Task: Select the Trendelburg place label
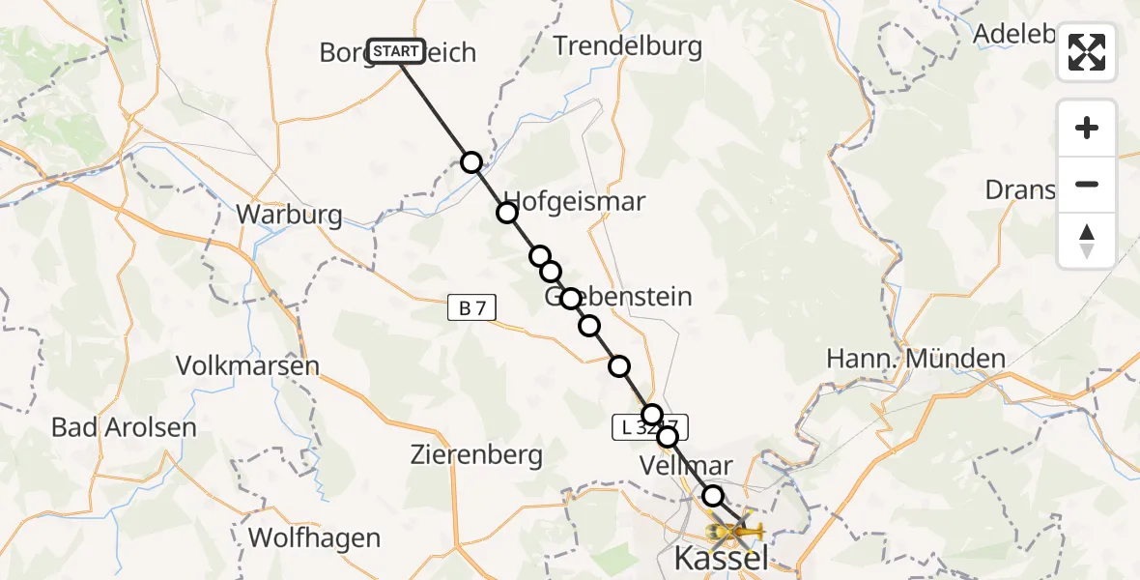627,45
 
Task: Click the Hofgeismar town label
575,202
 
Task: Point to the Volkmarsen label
247,366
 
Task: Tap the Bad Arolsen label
124,426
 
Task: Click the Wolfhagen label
314,537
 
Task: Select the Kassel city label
721,558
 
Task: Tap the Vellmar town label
686,466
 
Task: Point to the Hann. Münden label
916,360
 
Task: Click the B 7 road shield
472,308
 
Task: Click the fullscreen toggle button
1087,52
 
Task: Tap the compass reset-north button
1087,241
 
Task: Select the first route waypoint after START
470,161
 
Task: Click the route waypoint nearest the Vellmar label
668,437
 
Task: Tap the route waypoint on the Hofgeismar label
507,213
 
